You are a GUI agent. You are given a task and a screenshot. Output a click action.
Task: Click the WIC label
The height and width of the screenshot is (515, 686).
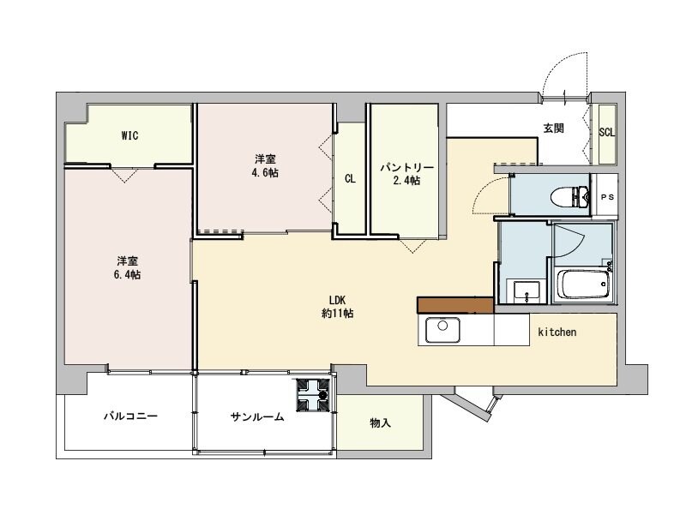130,135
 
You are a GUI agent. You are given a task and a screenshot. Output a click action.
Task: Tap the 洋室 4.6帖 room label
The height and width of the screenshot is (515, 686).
265,165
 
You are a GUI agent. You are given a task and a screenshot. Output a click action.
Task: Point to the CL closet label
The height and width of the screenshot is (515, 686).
350,179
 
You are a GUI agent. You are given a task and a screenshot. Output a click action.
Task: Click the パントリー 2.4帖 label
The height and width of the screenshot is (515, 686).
401,174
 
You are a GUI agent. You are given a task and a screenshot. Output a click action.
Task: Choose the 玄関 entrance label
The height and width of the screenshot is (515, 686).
553,129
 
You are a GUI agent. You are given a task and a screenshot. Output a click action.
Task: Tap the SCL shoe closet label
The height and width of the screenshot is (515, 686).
606,132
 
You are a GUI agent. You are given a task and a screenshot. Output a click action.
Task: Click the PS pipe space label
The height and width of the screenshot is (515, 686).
607,197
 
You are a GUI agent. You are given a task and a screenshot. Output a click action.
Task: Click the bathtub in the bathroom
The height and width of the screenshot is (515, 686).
582,284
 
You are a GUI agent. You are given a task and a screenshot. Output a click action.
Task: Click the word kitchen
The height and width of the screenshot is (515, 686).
557,331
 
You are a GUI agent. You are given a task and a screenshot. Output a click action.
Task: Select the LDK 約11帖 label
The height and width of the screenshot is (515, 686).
337,306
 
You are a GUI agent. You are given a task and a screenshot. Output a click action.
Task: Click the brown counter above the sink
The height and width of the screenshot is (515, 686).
454,305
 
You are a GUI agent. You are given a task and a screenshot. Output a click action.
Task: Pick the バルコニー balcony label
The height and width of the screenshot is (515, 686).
130,416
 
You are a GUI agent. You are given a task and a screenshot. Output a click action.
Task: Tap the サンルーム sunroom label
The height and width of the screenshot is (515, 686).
256,416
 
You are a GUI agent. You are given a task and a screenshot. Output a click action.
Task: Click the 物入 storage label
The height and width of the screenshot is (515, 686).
380,422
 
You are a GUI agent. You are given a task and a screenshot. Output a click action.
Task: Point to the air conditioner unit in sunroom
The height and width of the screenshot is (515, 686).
315,396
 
